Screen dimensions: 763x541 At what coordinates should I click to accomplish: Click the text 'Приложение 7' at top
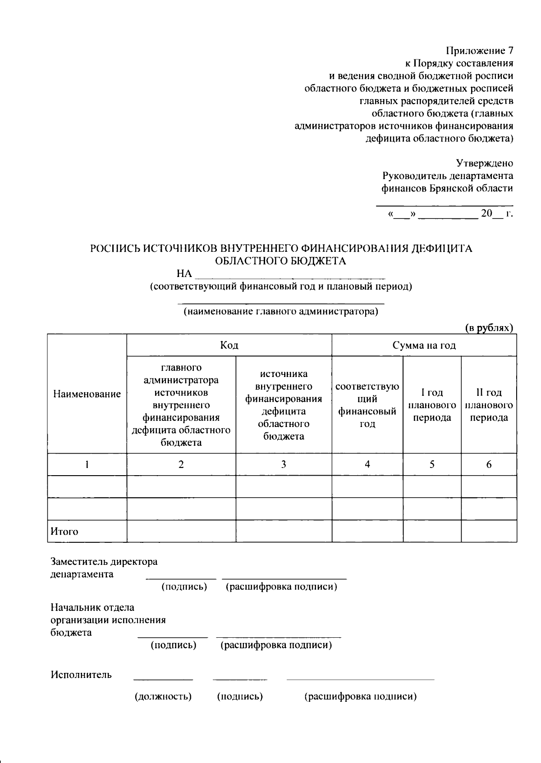pyautogui.click(x=480, y=50)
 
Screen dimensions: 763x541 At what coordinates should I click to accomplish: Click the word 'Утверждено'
pyautogui.click(x=484, y=163)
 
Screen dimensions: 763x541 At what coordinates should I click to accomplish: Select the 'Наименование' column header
pyautogui.click(x=87, y=394)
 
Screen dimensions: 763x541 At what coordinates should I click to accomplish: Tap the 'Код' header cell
pyautogui.click(x=229, y=345)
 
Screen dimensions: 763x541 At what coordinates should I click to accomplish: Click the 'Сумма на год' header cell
pyautogui.click(x=424, y=345)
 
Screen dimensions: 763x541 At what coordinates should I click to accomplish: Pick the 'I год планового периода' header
pyautogui.click(x=432, y=404)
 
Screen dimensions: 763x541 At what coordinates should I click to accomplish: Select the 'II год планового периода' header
pyautogui.click(x=489, y=404)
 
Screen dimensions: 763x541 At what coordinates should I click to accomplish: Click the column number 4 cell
pyautogui.click(x=367, y=464)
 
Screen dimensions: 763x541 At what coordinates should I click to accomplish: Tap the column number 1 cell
pyautogui.click(x=87, y=464)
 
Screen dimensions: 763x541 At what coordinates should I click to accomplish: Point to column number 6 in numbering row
pyautogui.click(x=489, y=464)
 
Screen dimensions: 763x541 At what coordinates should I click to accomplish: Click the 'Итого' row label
pyautogui.click(x=64, y=531)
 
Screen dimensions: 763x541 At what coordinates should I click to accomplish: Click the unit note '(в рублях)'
pyautogui.click(x=489, y=328)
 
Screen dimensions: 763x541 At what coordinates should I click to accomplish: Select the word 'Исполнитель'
pyautogui.click(x=81, y=675)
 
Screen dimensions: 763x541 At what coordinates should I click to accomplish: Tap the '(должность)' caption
pyautogui.click(x=163, y=696)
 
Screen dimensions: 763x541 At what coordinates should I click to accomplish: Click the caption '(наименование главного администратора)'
pyautogui.click(x=280, y=311)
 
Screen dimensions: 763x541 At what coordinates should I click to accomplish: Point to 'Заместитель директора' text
pyautogui.click(x=104, y=562)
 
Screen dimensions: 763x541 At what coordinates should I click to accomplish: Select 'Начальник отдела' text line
pyautogui.click(x=92, y=608)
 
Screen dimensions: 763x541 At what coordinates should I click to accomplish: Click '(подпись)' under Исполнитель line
pyautogui.click(x=240, y=696)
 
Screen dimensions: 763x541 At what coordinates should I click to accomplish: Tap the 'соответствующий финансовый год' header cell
pyautogui.click(x=367, y=404)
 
